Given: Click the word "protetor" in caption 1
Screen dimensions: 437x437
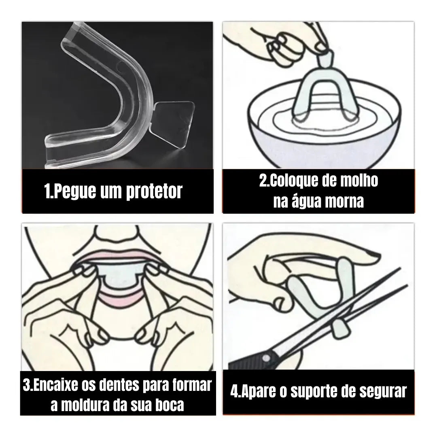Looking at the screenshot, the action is pos(154,192).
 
